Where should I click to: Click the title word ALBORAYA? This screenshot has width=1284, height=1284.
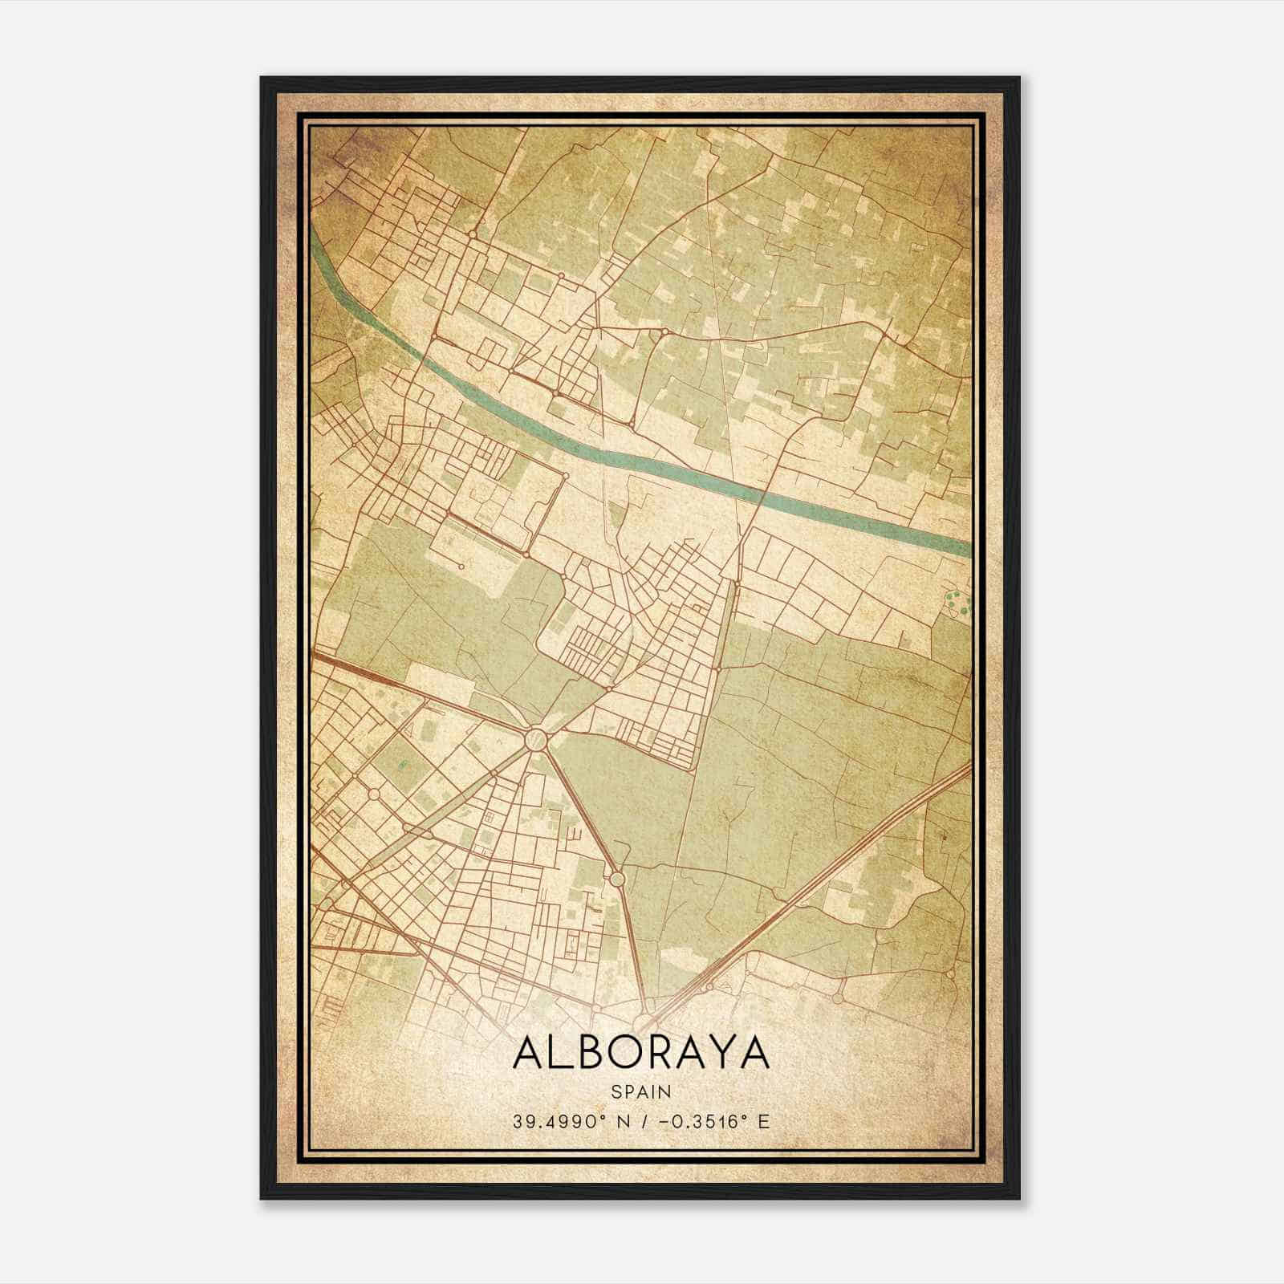[x=640, y=1052]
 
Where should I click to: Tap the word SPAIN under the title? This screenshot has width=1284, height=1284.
[x=640, y=1091]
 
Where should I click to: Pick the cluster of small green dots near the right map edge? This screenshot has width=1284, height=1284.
[x=955, y=602]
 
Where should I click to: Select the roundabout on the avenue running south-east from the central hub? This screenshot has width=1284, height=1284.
[x=617, y=879]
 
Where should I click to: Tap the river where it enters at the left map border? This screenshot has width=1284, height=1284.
[x=316, y=245]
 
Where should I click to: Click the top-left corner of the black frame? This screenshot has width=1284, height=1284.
[x=262, y=79]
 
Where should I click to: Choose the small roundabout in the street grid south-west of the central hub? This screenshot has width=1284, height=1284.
[x=374, y=794]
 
